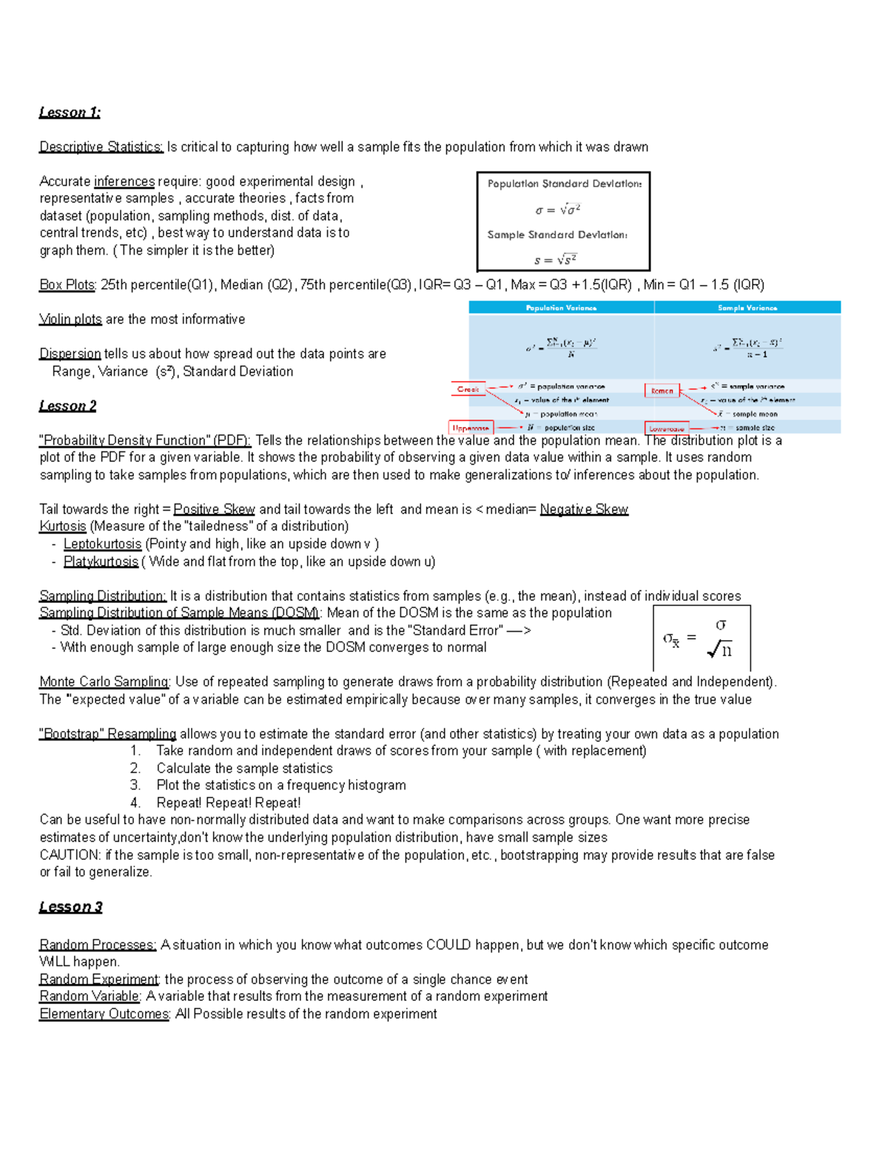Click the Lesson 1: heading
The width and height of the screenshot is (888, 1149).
70,112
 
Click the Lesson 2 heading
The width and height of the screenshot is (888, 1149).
67,406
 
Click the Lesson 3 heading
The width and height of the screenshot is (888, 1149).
70,907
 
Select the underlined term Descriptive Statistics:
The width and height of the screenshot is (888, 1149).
101,147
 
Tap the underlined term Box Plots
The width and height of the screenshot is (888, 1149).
67,285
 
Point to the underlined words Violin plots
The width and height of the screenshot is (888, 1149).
70,320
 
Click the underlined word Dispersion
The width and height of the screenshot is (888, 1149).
70,354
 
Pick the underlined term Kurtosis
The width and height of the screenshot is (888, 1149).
63,527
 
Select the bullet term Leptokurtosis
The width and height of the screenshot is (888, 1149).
102,544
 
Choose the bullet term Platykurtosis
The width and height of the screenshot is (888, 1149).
101,562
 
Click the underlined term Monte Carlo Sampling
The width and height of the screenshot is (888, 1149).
104,682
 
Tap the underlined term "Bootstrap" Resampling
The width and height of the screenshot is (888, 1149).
107,734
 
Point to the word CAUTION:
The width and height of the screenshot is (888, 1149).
70,855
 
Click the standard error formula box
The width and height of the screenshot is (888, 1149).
702,638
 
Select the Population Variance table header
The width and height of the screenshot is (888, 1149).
561,308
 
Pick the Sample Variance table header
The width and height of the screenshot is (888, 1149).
747,308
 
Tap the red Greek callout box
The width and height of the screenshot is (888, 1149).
468,389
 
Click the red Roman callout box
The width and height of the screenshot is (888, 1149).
662,391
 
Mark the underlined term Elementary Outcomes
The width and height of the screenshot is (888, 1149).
104,1014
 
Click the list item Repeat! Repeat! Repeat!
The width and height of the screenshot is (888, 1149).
228,803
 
